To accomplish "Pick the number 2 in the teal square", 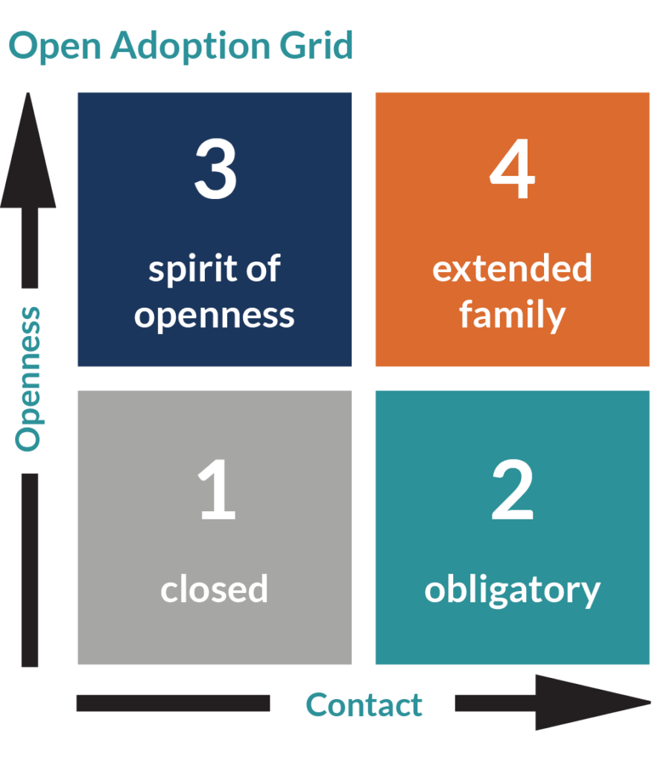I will click(512, 491).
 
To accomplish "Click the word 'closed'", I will click(215, 589).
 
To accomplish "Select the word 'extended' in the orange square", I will click(512, 268).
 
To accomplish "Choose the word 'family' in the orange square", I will click(512, 314).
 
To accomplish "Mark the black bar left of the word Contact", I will click(173, 703).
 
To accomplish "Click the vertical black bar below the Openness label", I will click(29, 570).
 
